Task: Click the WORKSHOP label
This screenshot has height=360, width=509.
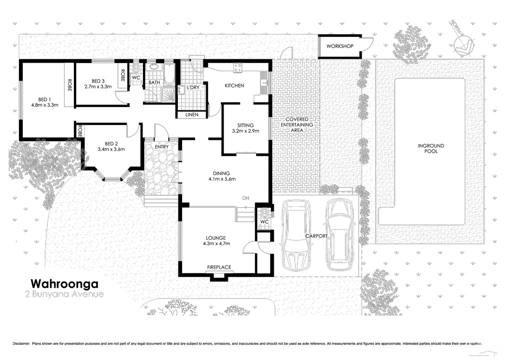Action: click(340, 46)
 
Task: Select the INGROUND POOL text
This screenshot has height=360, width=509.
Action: click(431, 148)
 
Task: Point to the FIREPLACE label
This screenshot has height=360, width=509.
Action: click(219, 267)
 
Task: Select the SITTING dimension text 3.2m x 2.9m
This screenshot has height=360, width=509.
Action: click(245, 131)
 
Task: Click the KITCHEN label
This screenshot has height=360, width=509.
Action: click(234, 86)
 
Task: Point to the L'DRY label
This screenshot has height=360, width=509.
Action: click(192, 88)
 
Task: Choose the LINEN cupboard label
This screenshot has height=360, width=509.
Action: click(191, 115)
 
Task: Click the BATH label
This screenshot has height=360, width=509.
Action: click(154, 83)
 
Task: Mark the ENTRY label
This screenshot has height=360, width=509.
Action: click(162, 147)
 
